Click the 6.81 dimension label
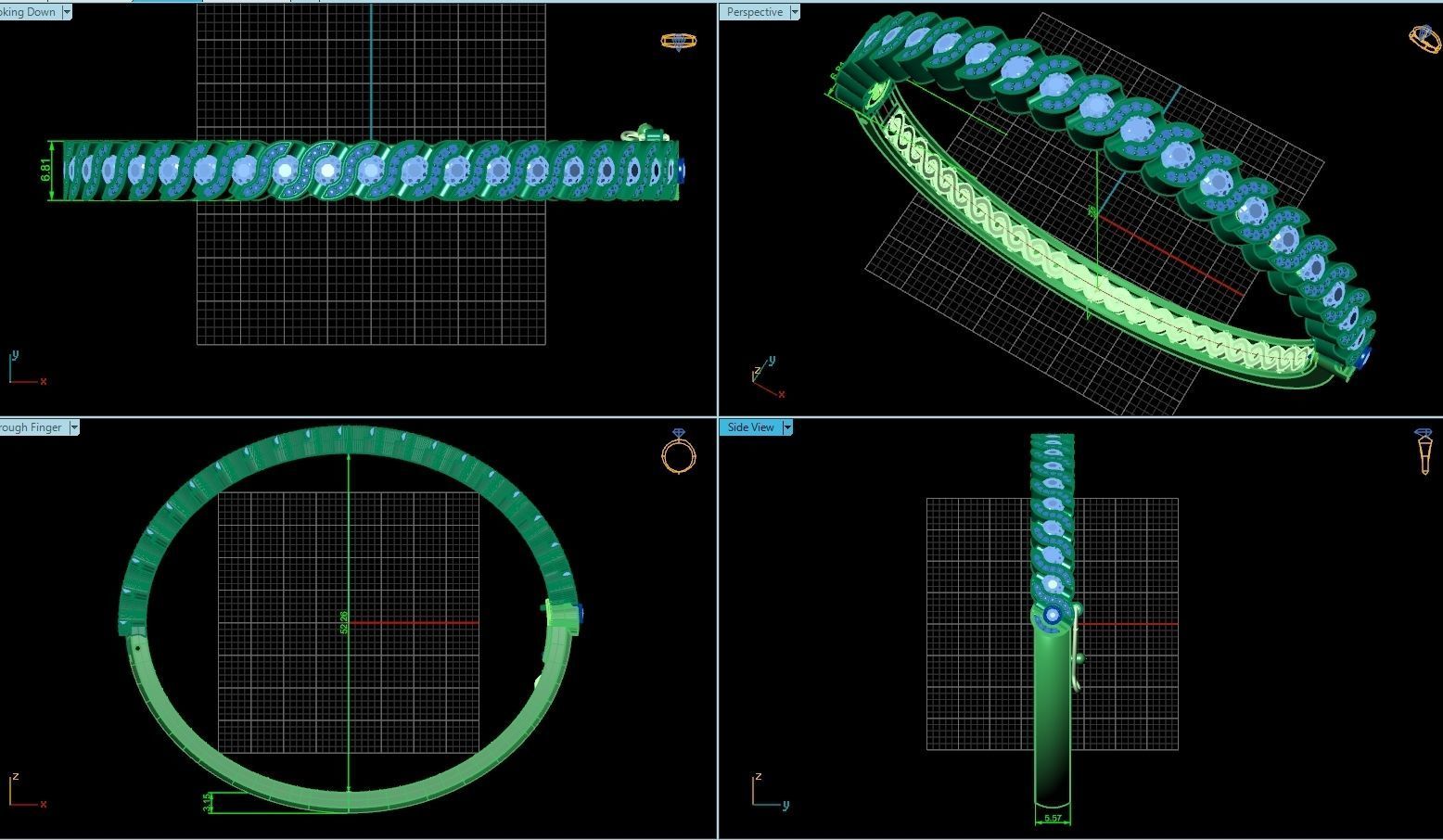45,170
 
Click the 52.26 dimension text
344,622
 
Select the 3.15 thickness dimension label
207,802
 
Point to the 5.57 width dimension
1053,819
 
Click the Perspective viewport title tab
754,12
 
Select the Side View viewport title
750,427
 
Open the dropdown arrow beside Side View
787,427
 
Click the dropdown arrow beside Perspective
795,12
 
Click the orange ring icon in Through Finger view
679,452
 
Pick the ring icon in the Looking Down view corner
679,41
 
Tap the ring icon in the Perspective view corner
1424,37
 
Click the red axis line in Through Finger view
414,623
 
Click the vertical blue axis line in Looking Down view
371,65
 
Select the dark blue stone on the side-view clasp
1053,615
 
